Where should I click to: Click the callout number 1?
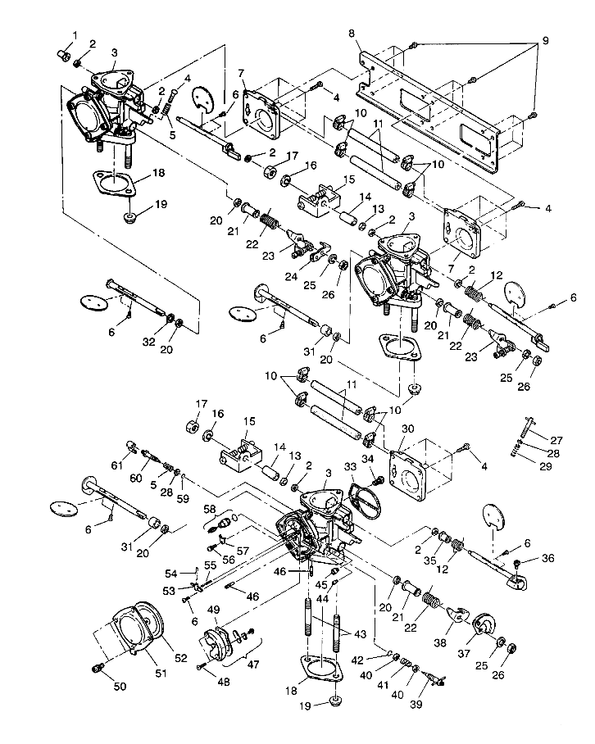[75, 34]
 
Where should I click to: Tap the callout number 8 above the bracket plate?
[351, 34]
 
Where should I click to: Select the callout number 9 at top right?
[543, 42]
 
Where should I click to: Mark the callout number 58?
[209, 509]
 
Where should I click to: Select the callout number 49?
[214, 610]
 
